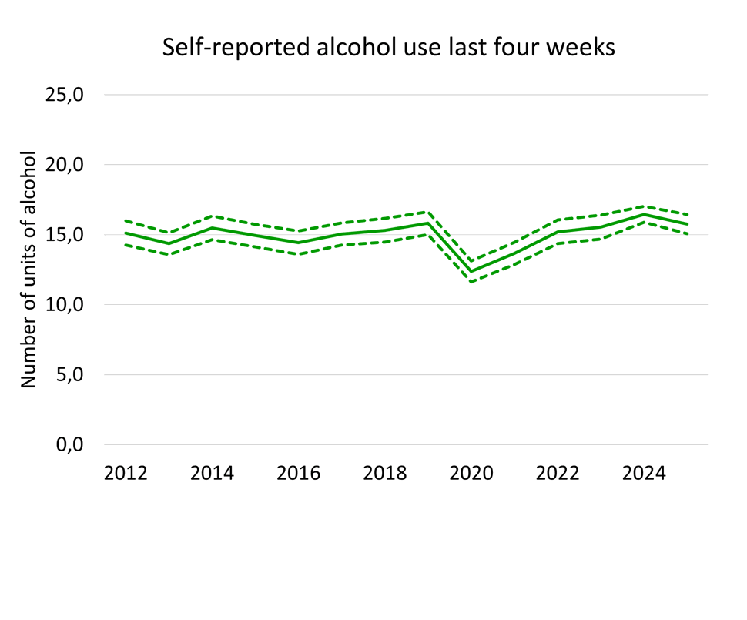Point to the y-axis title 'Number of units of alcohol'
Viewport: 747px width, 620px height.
pyautogui.click(x=28, y=270)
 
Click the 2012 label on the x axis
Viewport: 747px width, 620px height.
pyautogui.click(x=126, y=473)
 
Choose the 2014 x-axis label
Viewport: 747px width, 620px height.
pyautogui.click(x=212, y=473)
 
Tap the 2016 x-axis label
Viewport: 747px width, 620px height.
pyautogui.click(x=298, y=473)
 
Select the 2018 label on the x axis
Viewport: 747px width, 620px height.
pyautogui.click(x=384, y=473)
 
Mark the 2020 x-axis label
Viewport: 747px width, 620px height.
pyautogui.click(x=471, y=473)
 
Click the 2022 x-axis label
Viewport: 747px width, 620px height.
pyautogui.click(x=558, y=473)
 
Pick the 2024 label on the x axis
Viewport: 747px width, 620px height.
pyautogui.click(x=644, y=473)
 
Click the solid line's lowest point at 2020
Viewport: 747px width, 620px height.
pyautogui.click(x=471, y=271)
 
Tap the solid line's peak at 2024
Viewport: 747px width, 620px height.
pyautogui.click(x=644, y=214)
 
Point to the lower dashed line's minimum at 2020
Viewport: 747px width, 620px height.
pyautogui.click(x=471, y=282)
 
